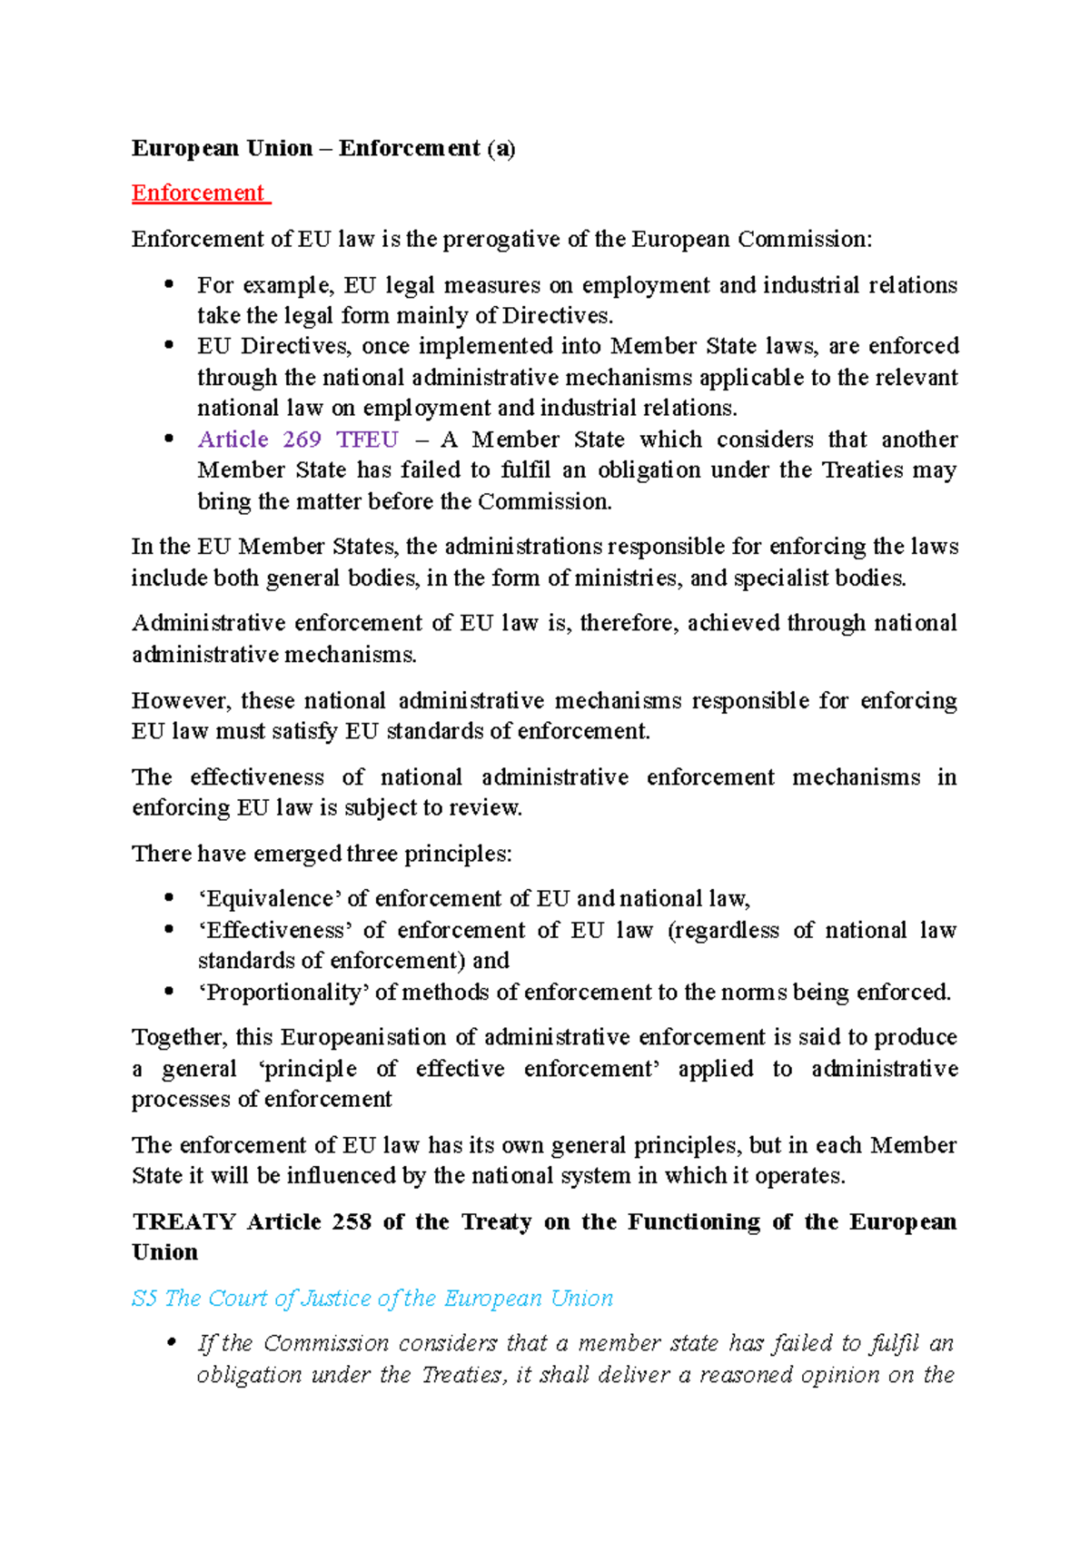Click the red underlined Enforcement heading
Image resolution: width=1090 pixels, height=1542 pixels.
[x=199, y=193]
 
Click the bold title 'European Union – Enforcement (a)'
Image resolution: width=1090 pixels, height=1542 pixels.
[x=322, y=148]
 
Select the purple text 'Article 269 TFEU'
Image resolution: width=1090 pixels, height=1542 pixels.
[x=298, y=440]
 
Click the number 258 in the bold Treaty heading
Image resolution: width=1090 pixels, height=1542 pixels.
[x=352, y=1221]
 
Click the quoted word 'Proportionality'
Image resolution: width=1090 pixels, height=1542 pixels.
[x=283, y=992]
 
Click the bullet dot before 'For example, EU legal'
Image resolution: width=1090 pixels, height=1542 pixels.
[x=168, y=285]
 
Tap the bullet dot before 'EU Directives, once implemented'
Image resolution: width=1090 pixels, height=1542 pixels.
[x=168, y=346]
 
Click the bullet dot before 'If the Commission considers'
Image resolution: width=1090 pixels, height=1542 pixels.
[x=168, y=1343]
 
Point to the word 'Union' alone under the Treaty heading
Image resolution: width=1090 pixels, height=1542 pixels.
[x=164, y=1252]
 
